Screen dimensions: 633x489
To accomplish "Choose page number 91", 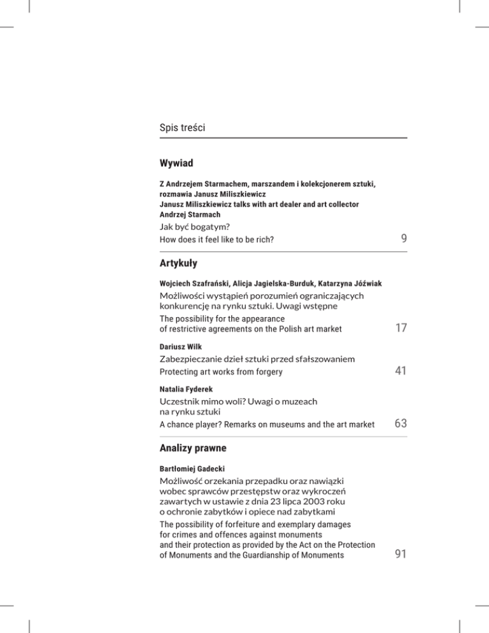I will click(400, 556).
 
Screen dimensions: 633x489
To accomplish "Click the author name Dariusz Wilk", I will click(180, 348).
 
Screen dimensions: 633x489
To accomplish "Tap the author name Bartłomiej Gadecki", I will click(192, 468).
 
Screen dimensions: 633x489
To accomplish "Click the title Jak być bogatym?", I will click(194, 227).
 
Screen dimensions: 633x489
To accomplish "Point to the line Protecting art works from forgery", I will click(221, 372).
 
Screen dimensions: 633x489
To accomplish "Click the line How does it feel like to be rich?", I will click(220, 241).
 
